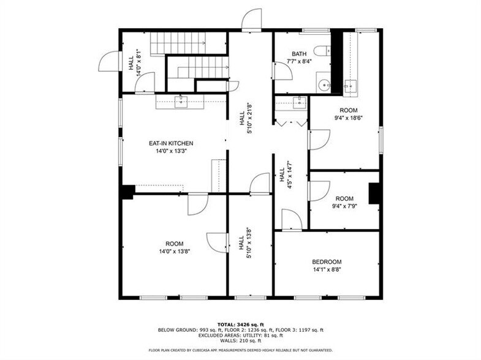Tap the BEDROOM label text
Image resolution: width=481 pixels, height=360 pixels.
[327, 261]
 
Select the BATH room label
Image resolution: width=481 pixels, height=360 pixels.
[300, 54]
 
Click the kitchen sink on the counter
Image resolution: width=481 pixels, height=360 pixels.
[181, 102]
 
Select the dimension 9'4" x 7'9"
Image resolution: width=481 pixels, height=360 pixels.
[344, 206]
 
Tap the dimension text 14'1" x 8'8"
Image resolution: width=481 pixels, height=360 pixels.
[327, 269]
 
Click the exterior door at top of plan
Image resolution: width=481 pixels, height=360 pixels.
[251, 21]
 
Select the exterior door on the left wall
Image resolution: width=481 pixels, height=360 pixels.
[109, 61]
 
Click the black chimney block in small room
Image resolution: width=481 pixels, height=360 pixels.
[374, 193]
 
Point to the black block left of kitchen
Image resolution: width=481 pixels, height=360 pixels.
[127, 192]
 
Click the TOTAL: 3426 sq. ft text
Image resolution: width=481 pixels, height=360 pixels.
[240, 323]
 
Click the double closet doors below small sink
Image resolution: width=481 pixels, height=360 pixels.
[291, 122]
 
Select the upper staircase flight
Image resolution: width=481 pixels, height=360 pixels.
[179, 43]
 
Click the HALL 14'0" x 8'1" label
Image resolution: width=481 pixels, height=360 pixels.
[135, 62]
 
